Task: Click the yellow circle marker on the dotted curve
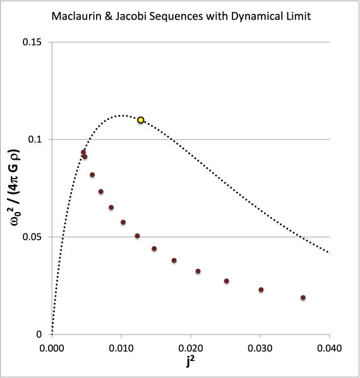click(x=141, y=120)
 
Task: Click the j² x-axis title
click(x=191, y=362)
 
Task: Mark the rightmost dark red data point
click(x=303, y=298)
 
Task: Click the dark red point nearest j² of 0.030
click(x=261, y=290)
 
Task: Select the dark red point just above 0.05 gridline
click(x=137, y=236)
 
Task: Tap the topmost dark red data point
click(x=83, y=152)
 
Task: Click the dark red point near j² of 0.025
click(x=226, y=281)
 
